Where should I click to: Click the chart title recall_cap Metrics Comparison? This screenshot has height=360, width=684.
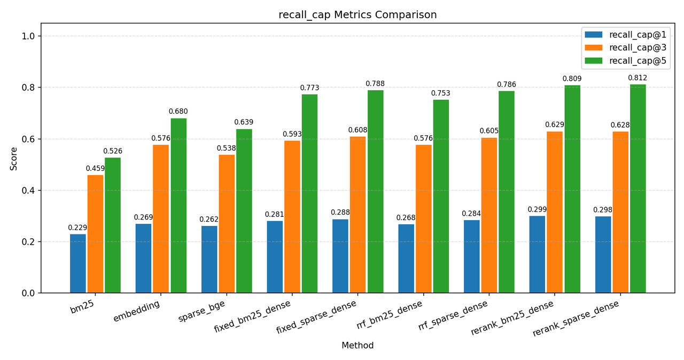pos(357,15)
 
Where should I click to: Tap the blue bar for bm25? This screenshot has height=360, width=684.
pos(78,263)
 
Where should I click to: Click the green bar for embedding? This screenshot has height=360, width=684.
pos(178,206)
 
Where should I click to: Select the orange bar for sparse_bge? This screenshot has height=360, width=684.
pos(227,224)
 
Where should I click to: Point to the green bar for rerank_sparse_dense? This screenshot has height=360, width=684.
pos(638,189)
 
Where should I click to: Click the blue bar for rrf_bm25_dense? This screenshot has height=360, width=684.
pos(406,259)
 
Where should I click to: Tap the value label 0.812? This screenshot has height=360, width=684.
pos(638,78)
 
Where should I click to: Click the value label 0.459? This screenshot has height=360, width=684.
pos(95,169)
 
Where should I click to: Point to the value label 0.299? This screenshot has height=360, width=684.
pos(537,210)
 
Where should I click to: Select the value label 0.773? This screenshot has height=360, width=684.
pos(309,88)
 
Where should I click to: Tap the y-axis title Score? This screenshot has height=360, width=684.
pos(14,159)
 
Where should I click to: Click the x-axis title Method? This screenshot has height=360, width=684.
pos(357,346)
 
